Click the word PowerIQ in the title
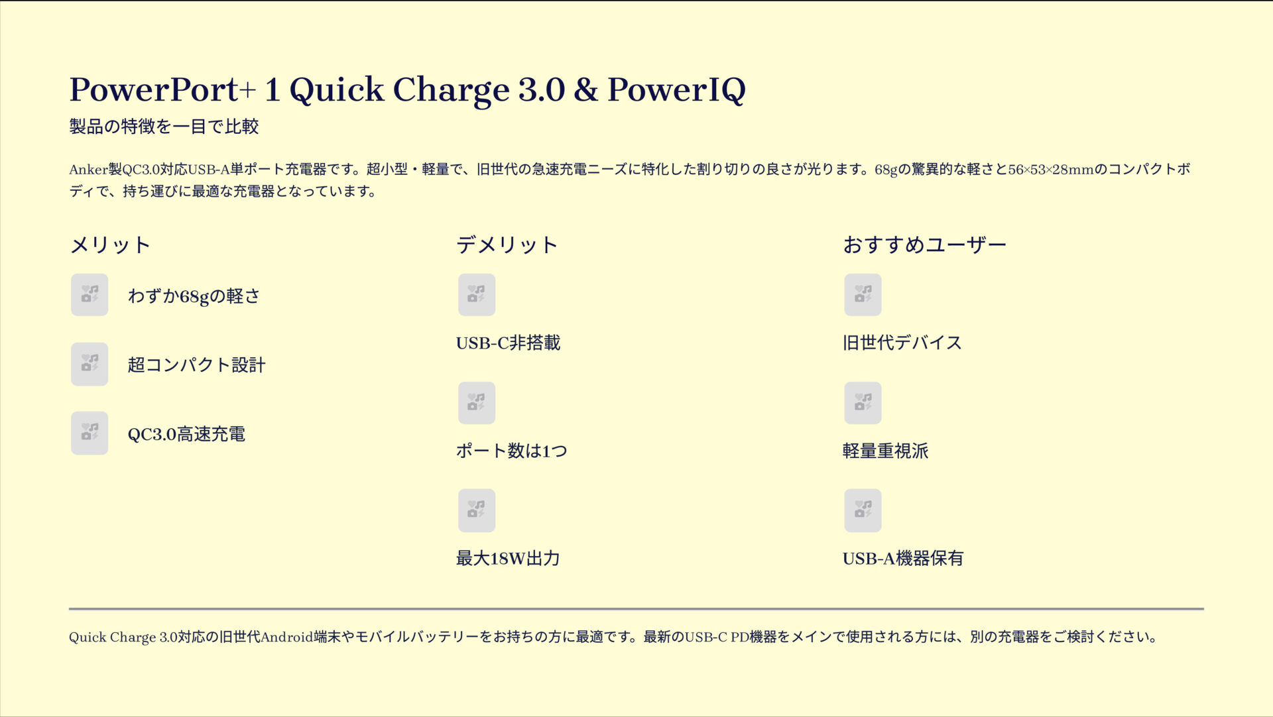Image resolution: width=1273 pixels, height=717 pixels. pos(676,89)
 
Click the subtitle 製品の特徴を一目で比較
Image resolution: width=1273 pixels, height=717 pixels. pos(164,126)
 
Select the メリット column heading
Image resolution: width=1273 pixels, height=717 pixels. pos(110,245)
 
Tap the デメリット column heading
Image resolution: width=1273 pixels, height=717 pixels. pos(507,245)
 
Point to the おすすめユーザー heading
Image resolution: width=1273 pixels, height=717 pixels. pos(924,245)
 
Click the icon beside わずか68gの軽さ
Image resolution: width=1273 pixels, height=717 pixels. pos(90,295)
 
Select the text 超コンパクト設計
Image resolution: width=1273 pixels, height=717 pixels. pos(196,364)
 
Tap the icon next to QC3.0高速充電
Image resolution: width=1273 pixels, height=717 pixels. pos(90,433)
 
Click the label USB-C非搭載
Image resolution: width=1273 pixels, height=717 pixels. pos(508,343)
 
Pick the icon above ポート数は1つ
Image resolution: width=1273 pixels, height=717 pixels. pos(476,403)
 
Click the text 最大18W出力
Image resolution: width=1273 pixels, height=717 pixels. pos(508,559)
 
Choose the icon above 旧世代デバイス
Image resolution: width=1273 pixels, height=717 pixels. pos(863,295)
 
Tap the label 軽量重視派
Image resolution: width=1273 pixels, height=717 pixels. pos(885,451)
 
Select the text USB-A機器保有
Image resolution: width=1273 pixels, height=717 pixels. pos(902,559)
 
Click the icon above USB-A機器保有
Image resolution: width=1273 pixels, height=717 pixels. pos(863,510)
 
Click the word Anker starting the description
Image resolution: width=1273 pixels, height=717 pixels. pos(88,170)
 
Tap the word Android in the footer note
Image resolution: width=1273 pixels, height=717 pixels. pos(286,637)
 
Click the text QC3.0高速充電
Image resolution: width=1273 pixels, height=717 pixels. pos(186,434)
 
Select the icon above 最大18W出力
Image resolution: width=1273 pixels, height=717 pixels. pos(476,510)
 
